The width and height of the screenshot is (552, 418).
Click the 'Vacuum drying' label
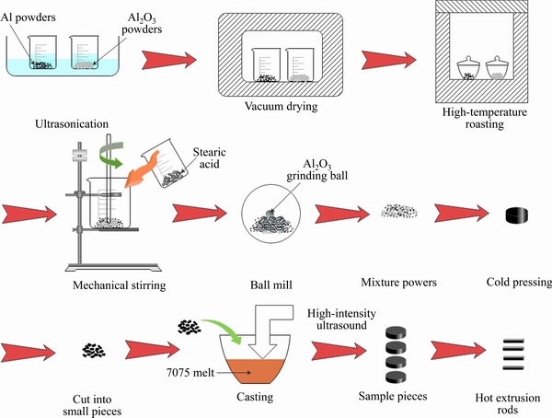(282, 107)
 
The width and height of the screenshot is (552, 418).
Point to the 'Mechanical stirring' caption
(120, 285)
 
